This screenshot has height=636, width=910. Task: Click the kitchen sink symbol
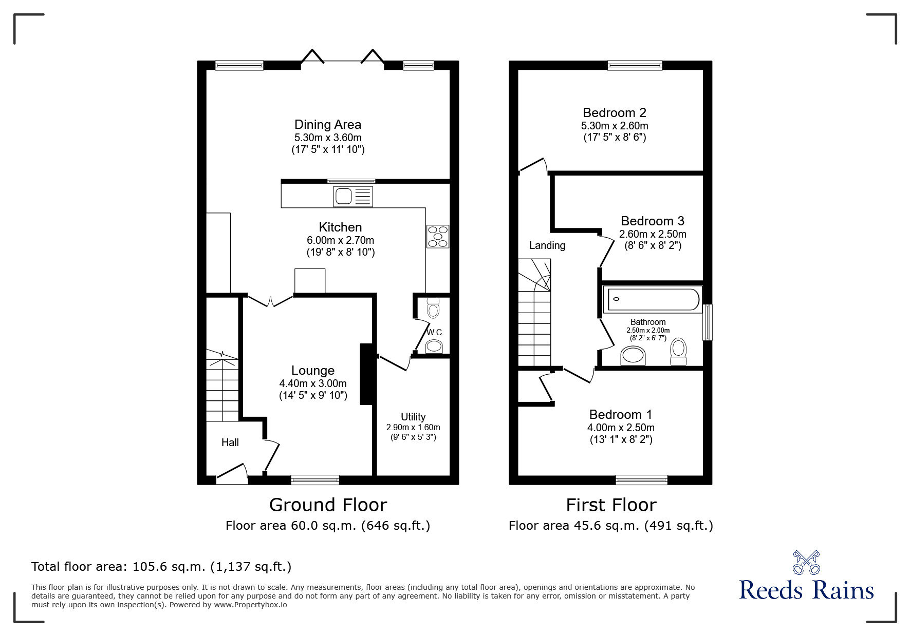pyautogui.click(x=353, y=197)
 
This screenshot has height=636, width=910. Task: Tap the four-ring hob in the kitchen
pyautogui.click(x=437, y=237)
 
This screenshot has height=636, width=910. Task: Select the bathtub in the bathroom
pyautogui.click(x=653, y=299)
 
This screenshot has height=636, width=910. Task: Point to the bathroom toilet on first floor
pyautogui.click(x=679, y=352)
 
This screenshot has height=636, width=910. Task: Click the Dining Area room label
pyautogui.click(x=328, y=125)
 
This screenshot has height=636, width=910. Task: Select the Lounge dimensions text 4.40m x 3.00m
pyautogui.click(x=313, y=383)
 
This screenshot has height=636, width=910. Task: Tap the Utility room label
pyautogui.click(x=413, y=417)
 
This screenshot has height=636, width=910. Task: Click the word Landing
pyautogui.click(x=547, y=245)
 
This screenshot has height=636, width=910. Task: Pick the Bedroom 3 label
pyautogui.click(x=653, y=221)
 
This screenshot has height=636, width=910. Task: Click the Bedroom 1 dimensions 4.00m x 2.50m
pyautogui.click(x=621, y=428)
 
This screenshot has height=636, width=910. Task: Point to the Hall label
pyautogui.click(x=230, y=442)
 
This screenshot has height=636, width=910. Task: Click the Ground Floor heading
pyautogui.click(x=328, y=505)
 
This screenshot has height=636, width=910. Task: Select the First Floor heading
pyautogui.click(x=611, y=505)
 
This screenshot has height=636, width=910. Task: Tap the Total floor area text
pyautogui.click(x=161, y=567)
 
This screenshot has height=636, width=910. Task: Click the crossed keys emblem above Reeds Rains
pyautogui.click(x=806, y=562)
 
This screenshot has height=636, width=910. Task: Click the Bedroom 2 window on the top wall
pyautogui.click(x=635, y=65)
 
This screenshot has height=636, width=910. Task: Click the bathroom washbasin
pyautogui.click(x=633, y=356)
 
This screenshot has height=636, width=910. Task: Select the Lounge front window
pyautogui.click(x=315, y=480)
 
